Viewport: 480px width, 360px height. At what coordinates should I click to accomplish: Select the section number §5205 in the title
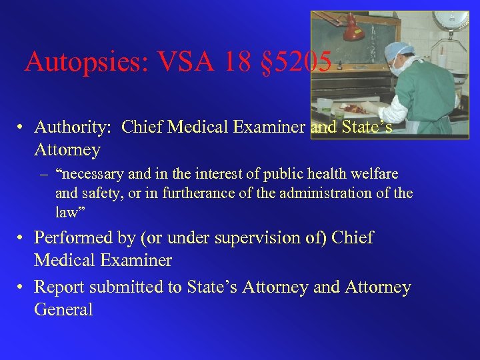pyautogui.click(x=297, y=62)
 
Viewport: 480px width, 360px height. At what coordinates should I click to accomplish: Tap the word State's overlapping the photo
pyautogui.click(x=367, y=127)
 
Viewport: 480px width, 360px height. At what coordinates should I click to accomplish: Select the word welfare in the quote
pyautogui.click(x=375, y=175)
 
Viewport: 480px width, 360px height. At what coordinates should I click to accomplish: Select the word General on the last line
pyautogui.click(x=63, y=310)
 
